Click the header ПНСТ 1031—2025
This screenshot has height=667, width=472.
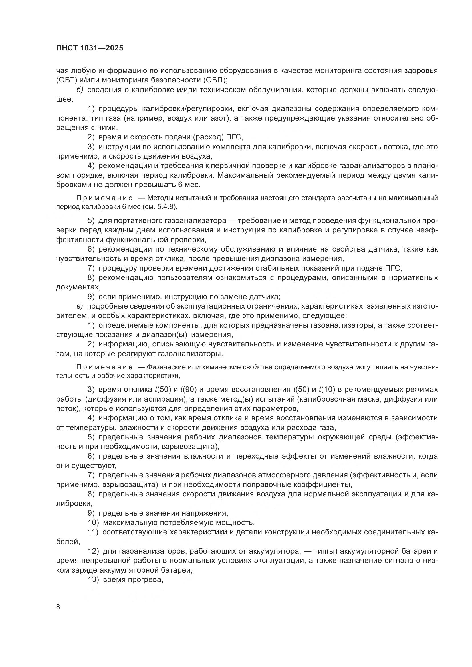pos(90,48)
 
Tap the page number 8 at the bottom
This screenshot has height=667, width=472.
pos(58,607)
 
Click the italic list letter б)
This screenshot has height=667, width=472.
pos(80,90)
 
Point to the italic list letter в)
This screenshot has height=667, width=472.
pos(80,306)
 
